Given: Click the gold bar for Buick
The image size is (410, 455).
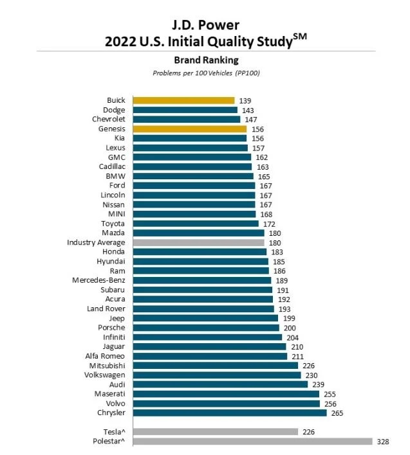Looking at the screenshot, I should click(x=183, y=100).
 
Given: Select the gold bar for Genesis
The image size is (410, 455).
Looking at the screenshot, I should click(x=189, y=129).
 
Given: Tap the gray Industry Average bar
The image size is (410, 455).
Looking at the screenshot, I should click(x=198, y=242).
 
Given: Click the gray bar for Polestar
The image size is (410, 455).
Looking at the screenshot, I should click(x=252, y=441).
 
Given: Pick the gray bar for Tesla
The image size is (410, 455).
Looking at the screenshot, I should click(x=215, y=432).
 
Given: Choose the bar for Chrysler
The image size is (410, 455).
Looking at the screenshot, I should click(x=229, y=413).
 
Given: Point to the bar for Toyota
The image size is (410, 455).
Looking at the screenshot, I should click(x=196, y=224).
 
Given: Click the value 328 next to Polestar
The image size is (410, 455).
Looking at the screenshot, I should click(x=384, y=442).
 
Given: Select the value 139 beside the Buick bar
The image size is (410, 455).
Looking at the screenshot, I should click(x=245, y=101).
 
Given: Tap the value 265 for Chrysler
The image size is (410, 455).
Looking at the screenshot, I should click(x=337, y=413).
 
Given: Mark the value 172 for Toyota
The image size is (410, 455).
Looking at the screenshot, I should click(x=269, y=224).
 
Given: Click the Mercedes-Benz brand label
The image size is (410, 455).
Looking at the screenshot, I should click(x=99, y=280).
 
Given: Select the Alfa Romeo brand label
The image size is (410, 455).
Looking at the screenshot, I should click(x=105, y=356).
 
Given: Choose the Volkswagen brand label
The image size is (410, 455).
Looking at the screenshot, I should click(x=105, y=375).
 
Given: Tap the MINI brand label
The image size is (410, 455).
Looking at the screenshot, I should click(x=116, y=214).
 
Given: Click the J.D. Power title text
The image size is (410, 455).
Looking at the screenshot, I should click(x=205, y=26).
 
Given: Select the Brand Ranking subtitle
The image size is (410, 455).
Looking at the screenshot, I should click(x=206, y=60).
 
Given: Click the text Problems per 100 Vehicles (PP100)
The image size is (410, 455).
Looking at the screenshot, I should click(x=206, y=73).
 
